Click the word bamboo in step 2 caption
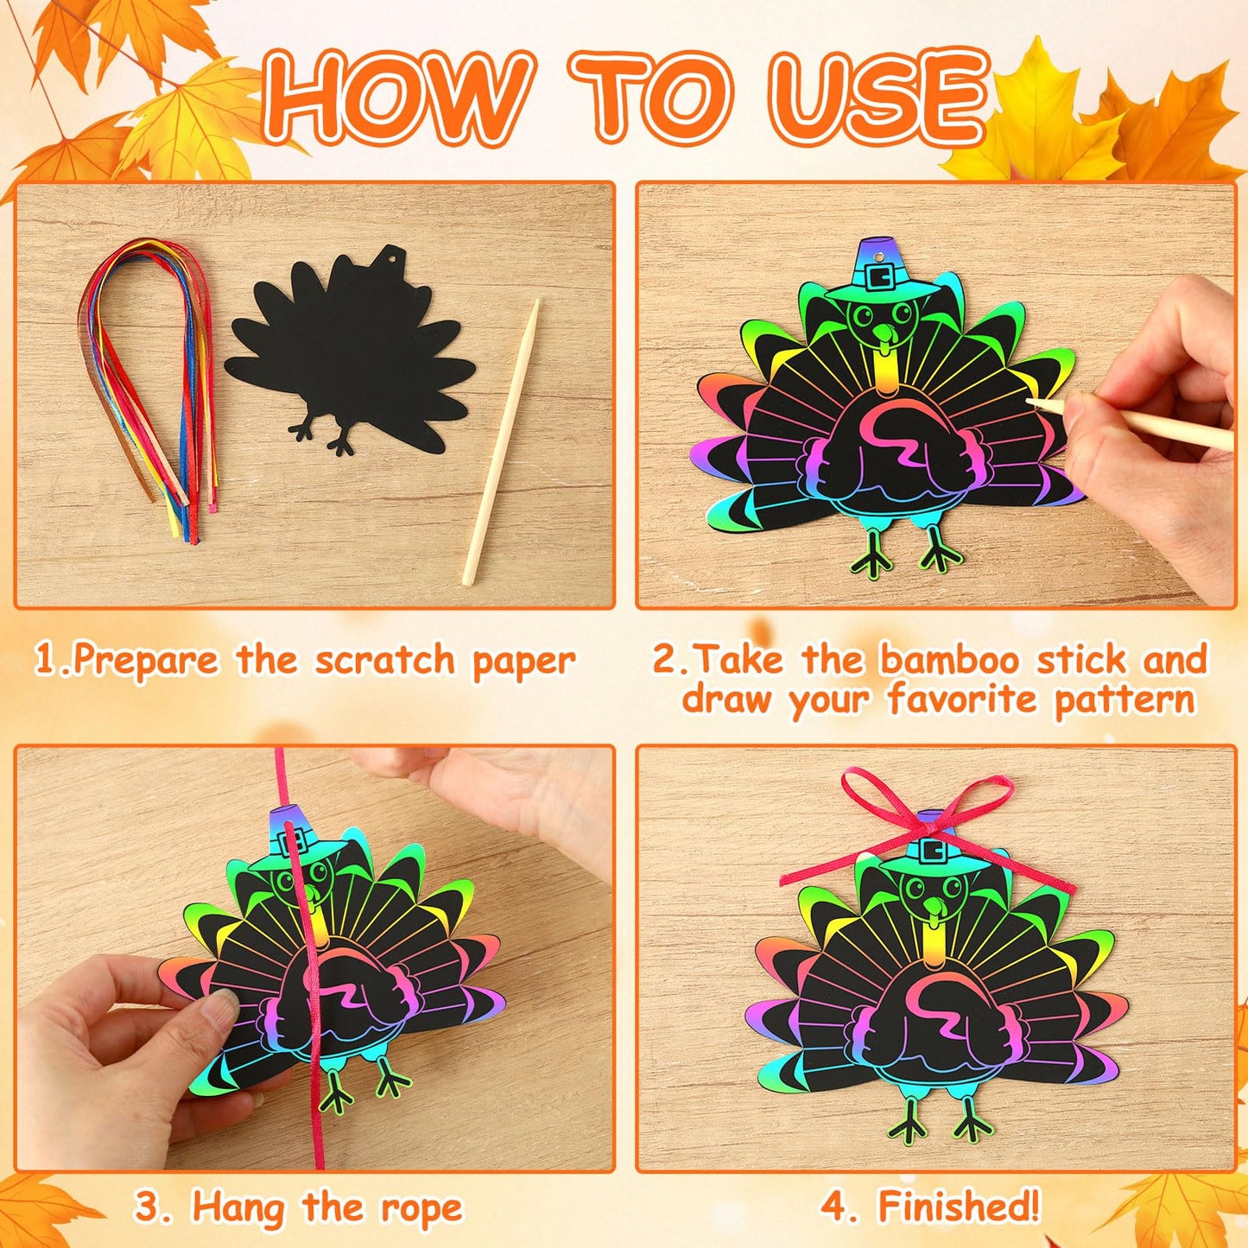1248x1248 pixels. pyautogui.click(x=953, y=660)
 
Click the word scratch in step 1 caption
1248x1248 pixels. pyautogui.click(x=384, y=661)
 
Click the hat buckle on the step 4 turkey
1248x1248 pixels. pyautogui.click(x=931, y=850)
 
